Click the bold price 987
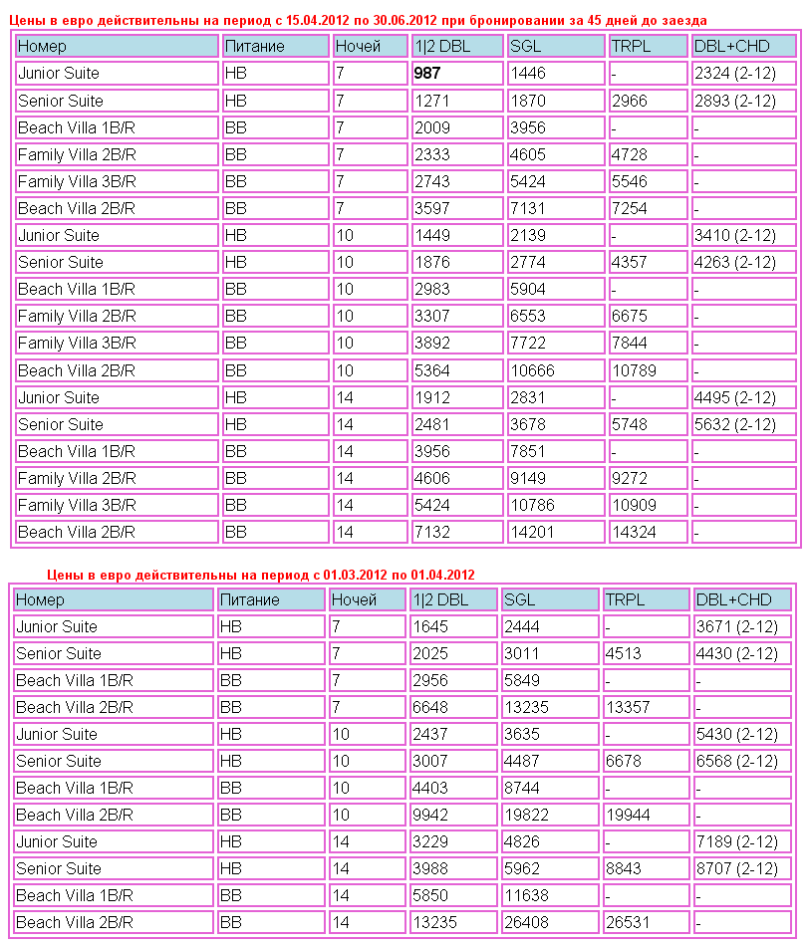tap(426, 74)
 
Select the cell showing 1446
tap(527, 74)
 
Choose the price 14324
tap(635, 533)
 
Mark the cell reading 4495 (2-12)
tap(734, 398)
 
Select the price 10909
tap(635, 506)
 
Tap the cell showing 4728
tap(630, 154)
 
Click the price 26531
tap(627, 922)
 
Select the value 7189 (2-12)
tap(736, 842)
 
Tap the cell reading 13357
tap(627, 708)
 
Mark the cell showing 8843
tap(622, 869)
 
